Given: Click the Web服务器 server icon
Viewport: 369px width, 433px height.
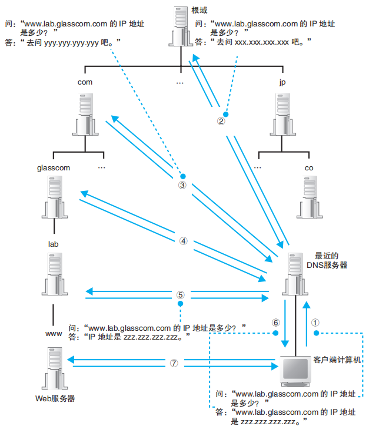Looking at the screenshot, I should [x=54, y=367].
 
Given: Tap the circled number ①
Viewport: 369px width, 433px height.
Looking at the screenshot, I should [x=315, y=322].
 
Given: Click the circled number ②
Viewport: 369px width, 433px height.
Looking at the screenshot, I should [x=222, y=122].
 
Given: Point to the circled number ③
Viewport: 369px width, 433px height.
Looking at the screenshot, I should [x=182, y=184].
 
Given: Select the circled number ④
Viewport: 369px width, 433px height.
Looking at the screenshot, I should [x=182, y=241].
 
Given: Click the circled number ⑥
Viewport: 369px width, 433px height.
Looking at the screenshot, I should [x=275, y=323].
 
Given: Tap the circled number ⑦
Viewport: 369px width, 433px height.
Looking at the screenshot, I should [x=174, y=362].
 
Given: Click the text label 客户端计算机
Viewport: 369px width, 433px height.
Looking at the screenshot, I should [x=337, y=359].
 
